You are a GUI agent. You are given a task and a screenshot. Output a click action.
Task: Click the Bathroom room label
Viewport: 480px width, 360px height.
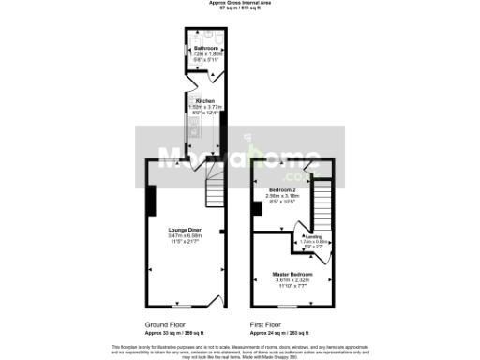205,48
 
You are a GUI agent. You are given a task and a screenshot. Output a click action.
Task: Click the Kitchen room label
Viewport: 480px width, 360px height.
205,101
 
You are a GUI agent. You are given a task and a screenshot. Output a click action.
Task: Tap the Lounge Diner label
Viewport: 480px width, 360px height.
185,229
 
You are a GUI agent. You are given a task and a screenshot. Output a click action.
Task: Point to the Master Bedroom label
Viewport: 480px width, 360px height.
291,273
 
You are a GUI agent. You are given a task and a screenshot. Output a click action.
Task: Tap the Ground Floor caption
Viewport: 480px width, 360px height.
165,324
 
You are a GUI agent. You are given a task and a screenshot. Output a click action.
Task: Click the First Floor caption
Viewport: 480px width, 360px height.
267,324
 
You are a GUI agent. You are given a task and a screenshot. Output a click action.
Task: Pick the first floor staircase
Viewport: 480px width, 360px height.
322,202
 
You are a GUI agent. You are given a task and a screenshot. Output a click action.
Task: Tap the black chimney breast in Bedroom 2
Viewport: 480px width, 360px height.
256,213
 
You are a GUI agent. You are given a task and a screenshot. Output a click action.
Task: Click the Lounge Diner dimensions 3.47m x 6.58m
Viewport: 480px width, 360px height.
185,235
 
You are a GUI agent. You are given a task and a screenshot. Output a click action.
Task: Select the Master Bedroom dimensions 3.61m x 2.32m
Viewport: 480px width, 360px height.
291,279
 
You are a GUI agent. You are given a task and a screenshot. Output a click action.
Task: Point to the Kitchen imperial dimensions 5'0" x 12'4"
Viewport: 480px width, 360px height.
205,113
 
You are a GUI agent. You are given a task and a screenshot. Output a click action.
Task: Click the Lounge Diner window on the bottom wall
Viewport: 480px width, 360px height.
183,306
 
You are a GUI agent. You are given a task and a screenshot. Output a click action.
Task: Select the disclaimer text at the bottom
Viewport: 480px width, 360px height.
240,348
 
